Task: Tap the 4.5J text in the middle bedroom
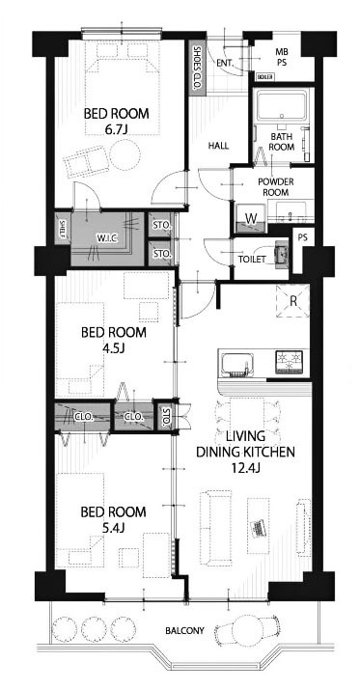(x=113, y=348)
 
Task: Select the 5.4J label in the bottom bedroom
(x=113, y=528)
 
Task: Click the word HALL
(x=218, y=146)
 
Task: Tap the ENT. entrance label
(x=225, y=64)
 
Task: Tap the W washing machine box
(x=250, y=218)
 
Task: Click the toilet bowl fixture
(x=280, y=255)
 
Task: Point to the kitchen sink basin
(x=237, y=364)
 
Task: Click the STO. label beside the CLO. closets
(x=166, y=417)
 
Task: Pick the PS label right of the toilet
(x=302, y=236)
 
